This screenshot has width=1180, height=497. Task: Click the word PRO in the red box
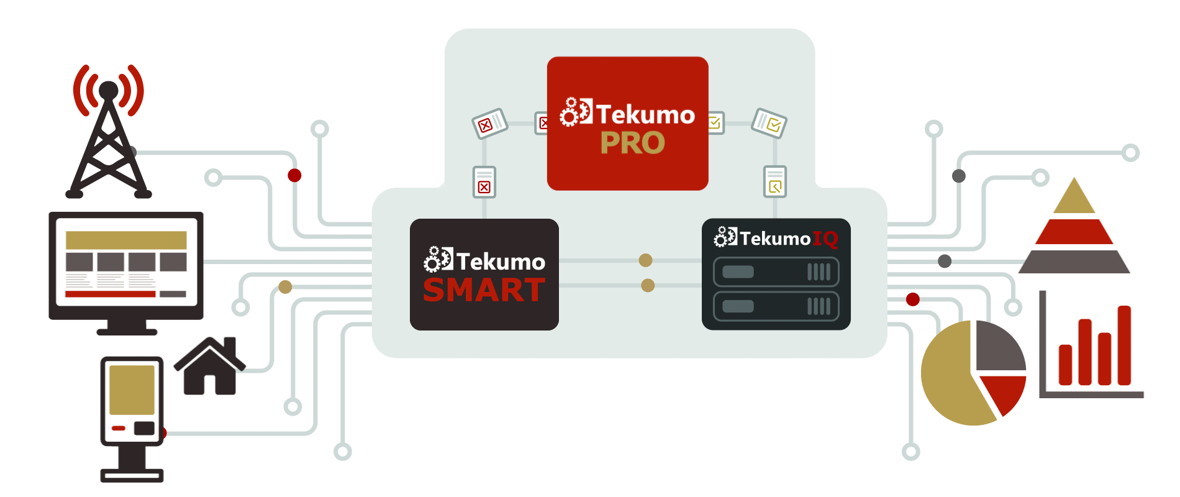[x=632, y=143]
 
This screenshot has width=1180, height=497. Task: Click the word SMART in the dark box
[x=484, y=290]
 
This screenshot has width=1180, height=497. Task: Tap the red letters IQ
[x=825, y=239]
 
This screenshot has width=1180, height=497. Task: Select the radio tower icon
[x=109, y=131]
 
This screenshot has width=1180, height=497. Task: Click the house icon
[x=210, y=366]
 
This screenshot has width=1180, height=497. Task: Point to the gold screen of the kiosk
[x=132, y=390]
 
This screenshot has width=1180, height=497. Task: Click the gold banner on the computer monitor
[x=126, y=240]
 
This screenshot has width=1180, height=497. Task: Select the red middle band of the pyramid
[x=1074, y=232]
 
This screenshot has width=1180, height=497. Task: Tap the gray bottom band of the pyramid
[x=1074, y=262]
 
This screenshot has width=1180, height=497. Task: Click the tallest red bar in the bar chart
[x=1124, y=345]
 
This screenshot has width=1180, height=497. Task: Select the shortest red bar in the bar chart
[x=1066, y=365]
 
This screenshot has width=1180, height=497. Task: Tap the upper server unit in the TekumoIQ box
[x=776, y=272]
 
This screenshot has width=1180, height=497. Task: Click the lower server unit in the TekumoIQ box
[x=776, y=306]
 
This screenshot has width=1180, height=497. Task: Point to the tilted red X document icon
[x=490, y=124]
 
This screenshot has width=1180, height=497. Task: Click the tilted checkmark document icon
[x=769, y=123]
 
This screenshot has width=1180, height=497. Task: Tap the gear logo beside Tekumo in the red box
[x=576, y=112]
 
